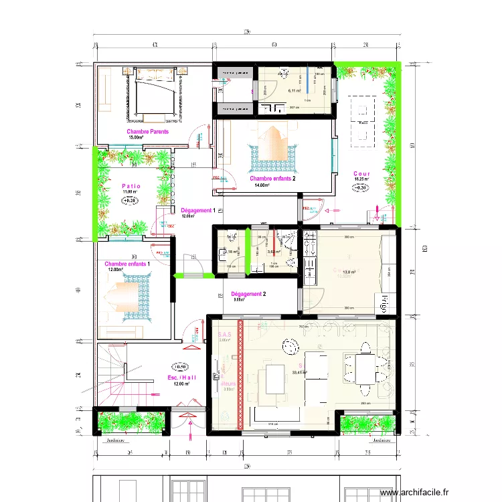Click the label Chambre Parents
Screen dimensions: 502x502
pyautogui.click(x=147, y=132)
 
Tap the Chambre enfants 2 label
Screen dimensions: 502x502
pyautogui.click(x=272, y=179)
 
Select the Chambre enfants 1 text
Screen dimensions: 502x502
pyautogui.click(x=127, y=264)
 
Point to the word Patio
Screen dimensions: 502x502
pyautogui.click(x=131, y=186)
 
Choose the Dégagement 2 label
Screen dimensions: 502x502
pyautogui.click(x=248, y=294)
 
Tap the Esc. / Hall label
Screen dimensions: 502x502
pyautogui.click(x=181, y=378)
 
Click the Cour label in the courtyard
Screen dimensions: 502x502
pyautogui.click(x=362, y=174)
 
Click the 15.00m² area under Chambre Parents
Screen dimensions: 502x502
pyautogui.click(x=137, y=138)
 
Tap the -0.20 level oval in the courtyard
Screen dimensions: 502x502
pyautogui.click(x=361, y=187)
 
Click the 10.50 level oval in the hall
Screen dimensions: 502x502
pyautogui.click(x=179, y=367)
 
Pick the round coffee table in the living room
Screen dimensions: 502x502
pyautogui.click(x=290, y=347)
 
